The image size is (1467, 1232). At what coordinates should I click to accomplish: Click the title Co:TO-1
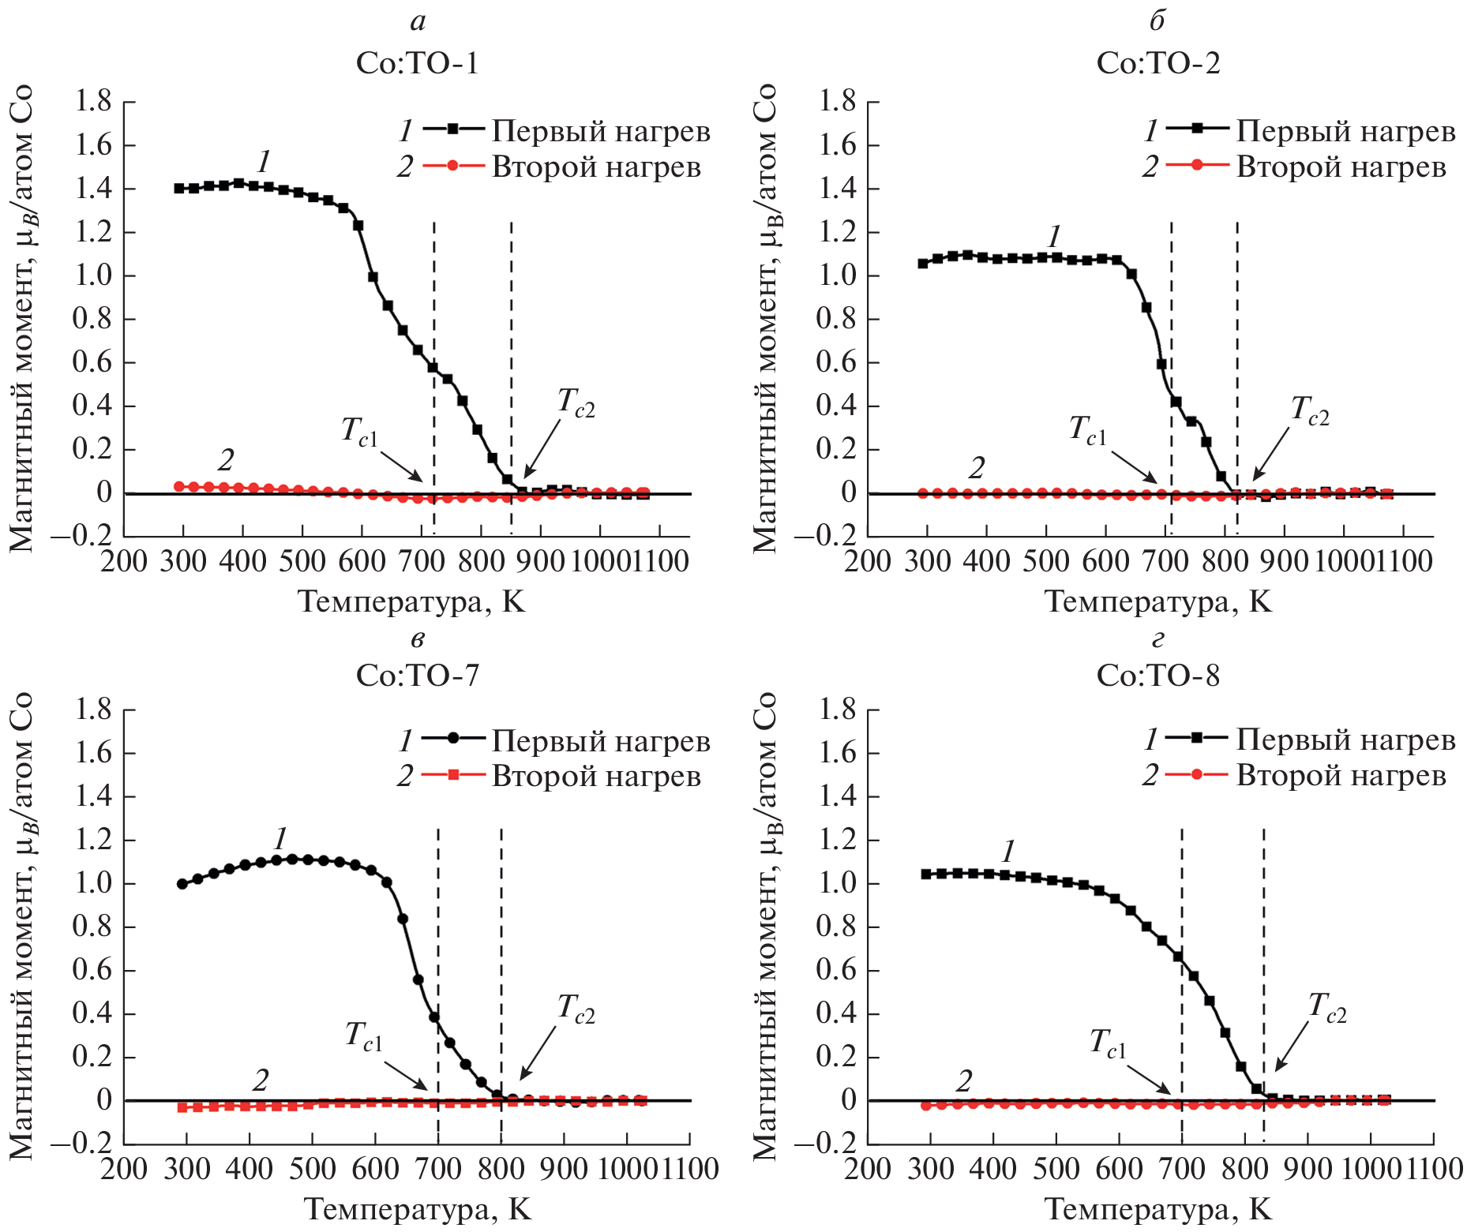tap(417, 63)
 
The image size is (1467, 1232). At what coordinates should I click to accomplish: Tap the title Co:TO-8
tap(1157, 676)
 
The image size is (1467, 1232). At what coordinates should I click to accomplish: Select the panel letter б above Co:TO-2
tap(1157, 21)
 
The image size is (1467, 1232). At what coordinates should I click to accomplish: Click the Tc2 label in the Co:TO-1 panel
tap(576, 403)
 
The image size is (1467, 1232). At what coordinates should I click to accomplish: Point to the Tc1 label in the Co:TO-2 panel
tap(1087, 430)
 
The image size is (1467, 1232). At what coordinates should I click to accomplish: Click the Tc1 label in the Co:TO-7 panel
tap(363, 1035)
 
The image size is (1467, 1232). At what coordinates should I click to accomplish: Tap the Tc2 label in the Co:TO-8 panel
tap(1326, 1007)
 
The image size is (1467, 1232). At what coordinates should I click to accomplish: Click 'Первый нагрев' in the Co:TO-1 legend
tap(601, 131)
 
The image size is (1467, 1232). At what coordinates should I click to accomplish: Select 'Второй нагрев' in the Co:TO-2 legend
tap(1341, 167)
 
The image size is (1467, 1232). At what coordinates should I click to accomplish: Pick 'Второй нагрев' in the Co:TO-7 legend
tap(596, 777)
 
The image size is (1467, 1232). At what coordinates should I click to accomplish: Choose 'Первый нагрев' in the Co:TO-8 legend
tap(1345, 740)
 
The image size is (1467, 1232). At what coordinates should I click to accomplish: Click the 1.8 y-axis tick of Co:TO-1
tap(92, 102)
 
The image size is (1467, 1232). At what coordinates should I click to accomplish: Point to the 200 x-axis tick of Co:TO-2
tap(867, 561)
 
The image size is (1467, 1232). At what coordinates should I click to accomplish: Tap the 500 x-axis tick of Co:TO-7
tap(312, 1169)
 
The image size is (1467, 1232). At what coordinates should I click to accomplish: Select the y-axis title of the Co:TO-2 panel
tap(764, 317)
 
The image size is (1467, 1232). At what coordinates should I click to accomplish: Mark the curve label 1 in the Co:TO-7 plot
tap(280, 838)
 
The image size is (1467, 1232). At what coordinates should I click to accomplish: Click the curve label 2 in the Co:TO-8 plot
tap(963, 1081)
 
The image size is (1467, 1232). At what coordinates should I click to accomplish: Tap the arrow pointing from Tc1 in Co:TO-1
tap(401, 466)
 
